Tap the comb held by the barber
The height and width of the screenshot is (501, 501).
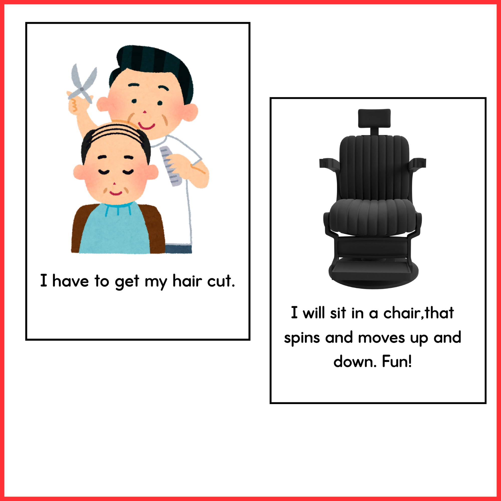coord(170,166)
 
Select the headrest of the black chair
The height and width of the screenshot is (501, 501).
coord(374,118)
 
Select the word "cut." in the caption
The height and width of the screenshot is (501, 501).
coord(221,281)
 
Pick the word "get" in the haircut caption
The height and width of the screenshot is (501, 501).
coord(127,282)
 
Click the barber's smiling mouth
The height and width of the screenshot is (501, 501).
coord(146,126)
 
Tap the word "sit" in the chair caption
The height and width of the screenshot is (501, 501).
coord(338,312)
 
